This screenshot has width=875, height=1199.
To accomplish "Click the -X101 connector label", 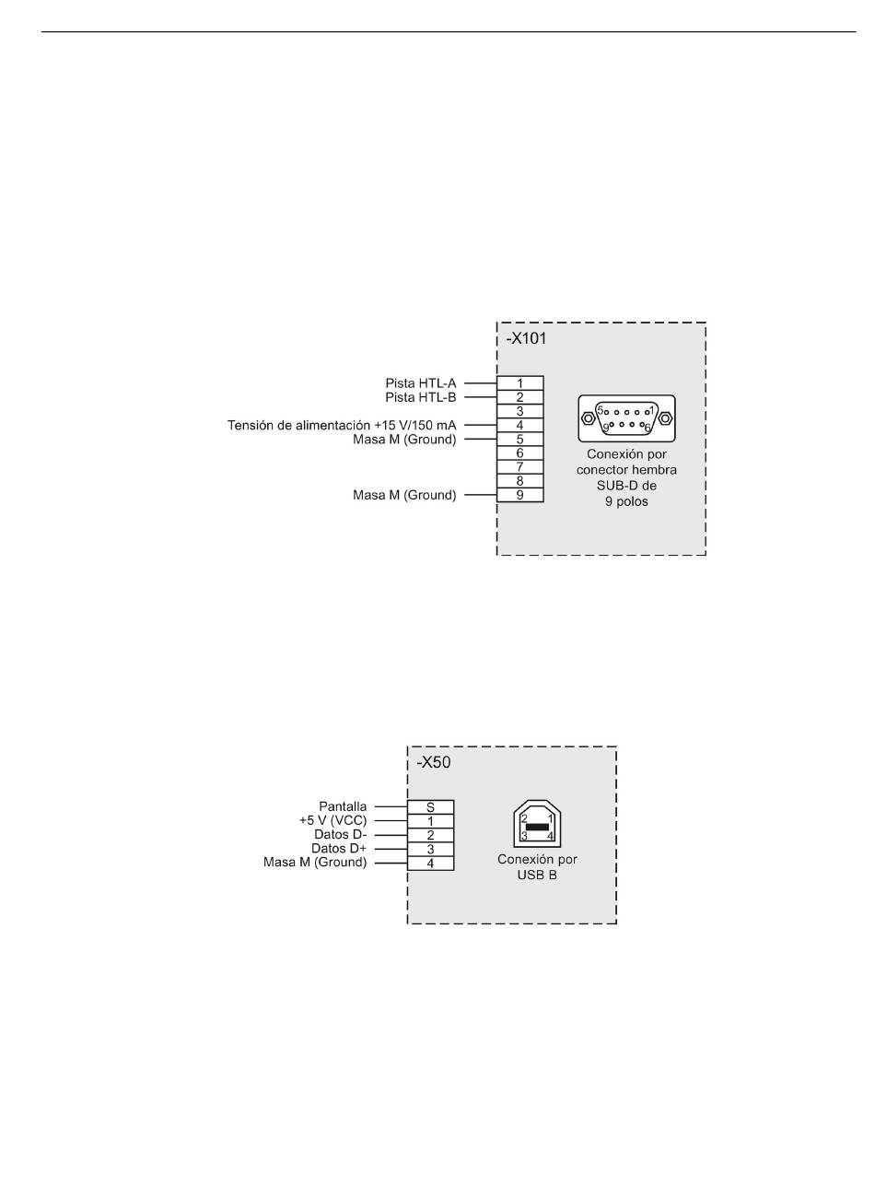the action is (526, 339).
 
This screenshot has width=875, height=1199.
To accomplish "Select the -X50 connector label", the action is (433, 762).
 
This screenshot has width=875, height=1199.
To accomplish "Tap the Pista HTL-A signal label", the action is (420, 383).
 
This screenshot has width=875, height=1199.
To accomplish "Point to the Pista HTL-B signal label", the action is (420, 397).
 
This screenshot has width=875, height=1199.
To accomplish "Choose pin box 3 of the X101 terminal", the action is (519, 411).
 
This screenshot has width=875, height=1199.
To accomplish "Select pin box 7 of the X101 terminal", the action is (519, 466).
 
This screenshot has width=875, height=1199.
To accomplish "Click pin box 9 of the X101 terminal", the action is (519, 495).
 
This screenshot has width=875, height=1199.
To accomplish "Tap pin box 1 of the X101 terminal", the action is (519, 383).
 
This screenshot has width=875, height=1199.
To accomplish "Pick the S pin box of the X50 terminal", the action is (430, 806).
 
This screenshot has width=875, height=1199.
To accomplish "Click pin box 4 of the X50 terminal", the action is (430, 863).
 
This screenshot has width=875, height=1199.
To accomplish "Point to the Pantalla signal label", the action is (343, 806).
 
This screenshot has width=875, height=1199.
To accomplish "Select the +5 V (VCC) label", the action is (332, 820).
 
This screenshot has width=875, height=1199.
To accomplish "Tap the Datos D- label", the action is (340, 834).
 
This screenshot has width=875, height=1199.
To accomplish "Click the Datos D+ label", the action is (339, 849).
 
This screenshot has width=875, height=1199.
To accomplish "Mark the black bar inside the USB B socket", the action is (537, 827).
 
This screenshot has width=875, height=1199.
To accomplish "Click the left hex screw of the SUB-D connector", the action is (588, 417).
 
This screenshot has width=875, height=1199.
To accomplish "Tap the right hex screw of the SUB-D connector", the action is (666, 417).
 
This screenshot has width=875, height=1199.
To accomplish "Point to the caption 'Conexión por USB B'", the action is (537, 867).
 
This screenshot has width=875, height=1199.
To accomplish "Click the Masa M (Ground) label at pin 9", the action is (404, 495).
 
